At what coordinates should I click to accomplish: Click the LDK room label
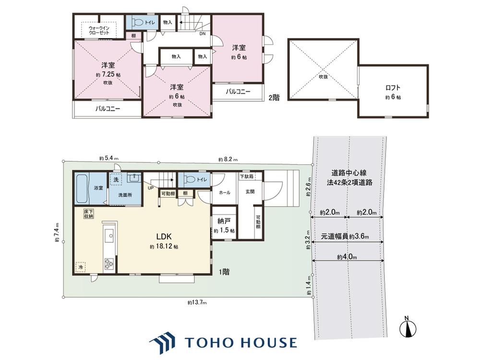point(164,237)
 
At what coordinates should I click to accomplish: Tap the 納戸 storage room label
point(224,221)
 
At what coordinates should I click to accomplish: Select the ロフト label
point(393,88)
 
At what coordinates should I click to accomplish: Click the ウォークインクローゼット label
point(99,30)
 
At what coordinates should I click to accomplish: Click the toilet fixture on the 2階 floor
point(137,23)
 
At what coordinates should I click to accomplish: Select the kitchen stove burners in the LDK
point(109,264)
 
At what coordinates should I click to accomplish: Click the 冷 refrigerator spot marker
point(81,267)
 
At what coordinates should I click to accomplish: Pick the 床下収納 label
point(89,214)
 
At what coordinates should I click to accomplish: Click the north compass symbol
point(408,328)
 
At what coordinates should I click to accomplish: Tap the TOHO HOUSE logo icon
point(163,342)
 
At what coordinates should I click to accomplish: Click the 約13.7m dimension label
point(197,303)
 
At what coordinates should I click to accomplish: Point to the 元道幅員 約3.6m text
point(345,237)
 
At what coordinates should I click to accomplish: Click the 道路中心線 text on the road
point(348,173)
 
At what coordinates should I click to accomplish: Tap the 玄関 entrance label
point(250,192)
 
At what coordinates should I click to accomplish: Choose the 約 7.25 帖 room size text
point(108,75)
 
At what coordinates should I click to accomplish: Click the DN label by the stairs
point(203,34)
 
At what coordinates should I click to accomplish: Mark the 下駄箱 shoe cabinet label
point(246,177)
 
